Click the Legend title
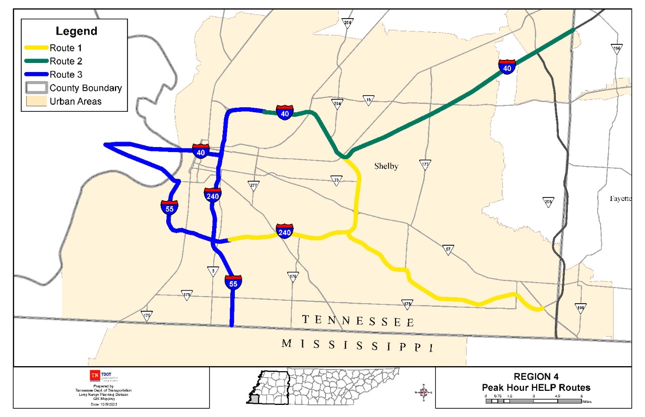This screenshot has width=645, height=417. (x=76, y=31)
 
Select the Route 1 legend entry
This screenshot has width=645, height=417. (x=66, y=48)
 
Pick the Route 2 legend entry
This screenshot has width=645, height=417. (x=66, y=61)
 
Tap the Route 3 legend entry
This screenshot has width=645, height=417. (x=66, y=75)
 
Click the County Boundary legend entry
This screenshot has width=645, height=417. (x=85, y=88)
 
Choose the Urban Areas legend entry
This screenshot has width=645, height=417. (x=75, y=101)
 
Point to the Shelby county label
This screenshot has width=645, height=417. (x=386, y=167)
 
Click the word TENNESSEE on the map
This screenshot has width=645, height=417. (x=358, y=321)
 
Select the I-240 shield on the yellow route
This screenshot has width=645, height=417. (x=285, y=231)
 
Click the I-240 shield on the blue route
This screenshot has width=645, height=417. (x=213, y=194)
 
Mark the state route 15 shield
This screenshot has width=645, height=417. (x=369, y=100)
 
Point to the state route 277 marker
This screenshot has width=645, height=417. (x=253, y=185)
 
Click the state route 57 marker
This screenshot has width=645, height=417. (x=447, y=249)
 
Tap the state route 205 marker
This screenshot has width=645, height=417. (x=548, y=202)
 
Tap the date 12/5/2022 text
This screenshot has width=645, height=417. (x=103, y=404)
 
